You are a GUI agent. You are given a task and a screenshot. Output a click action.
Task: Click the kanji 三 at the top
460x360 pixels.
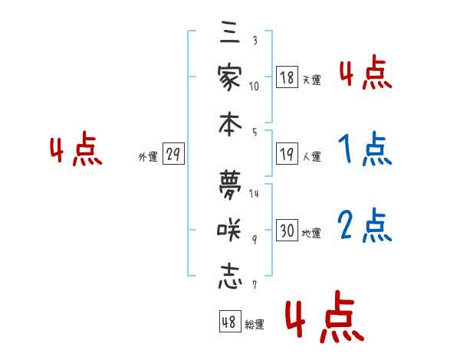click(229, 35)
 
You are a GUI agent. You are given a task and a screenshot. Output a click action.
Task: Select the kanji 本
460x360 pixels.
click(229, 122)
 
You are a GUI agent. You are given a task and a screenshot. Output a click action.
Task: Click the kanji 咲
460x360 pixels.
click(229, 230)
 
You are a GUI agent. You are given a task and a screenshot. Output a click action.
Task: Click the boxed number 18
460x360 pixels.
click(287, 77)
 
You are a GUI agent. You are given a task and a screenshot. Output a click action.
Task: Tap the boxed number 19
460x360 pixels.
click(287, 155)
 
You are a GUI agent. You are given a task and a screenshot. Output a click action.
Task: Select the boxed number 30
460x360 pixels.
click(287, 231)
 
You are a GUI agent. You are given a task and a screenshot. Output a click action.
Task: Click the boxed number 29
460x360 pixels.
click(173, 155)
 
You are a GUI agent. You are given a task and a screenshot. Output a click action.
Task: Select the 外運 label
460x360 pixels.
click(147, 157)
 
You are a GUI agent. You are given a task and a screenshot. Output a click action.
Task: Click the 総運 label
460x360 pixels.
click(254, 325)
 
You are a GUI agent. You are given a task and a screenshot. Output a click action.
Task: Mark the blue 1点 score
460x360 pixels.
click(365, 151)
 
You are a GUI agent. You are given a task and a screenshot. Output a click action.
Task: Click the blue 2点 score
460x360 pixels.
click(366, 225)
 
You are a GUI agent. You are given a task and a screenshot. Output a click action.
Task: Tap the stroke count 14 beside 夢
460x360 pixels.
click(254, 193)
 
